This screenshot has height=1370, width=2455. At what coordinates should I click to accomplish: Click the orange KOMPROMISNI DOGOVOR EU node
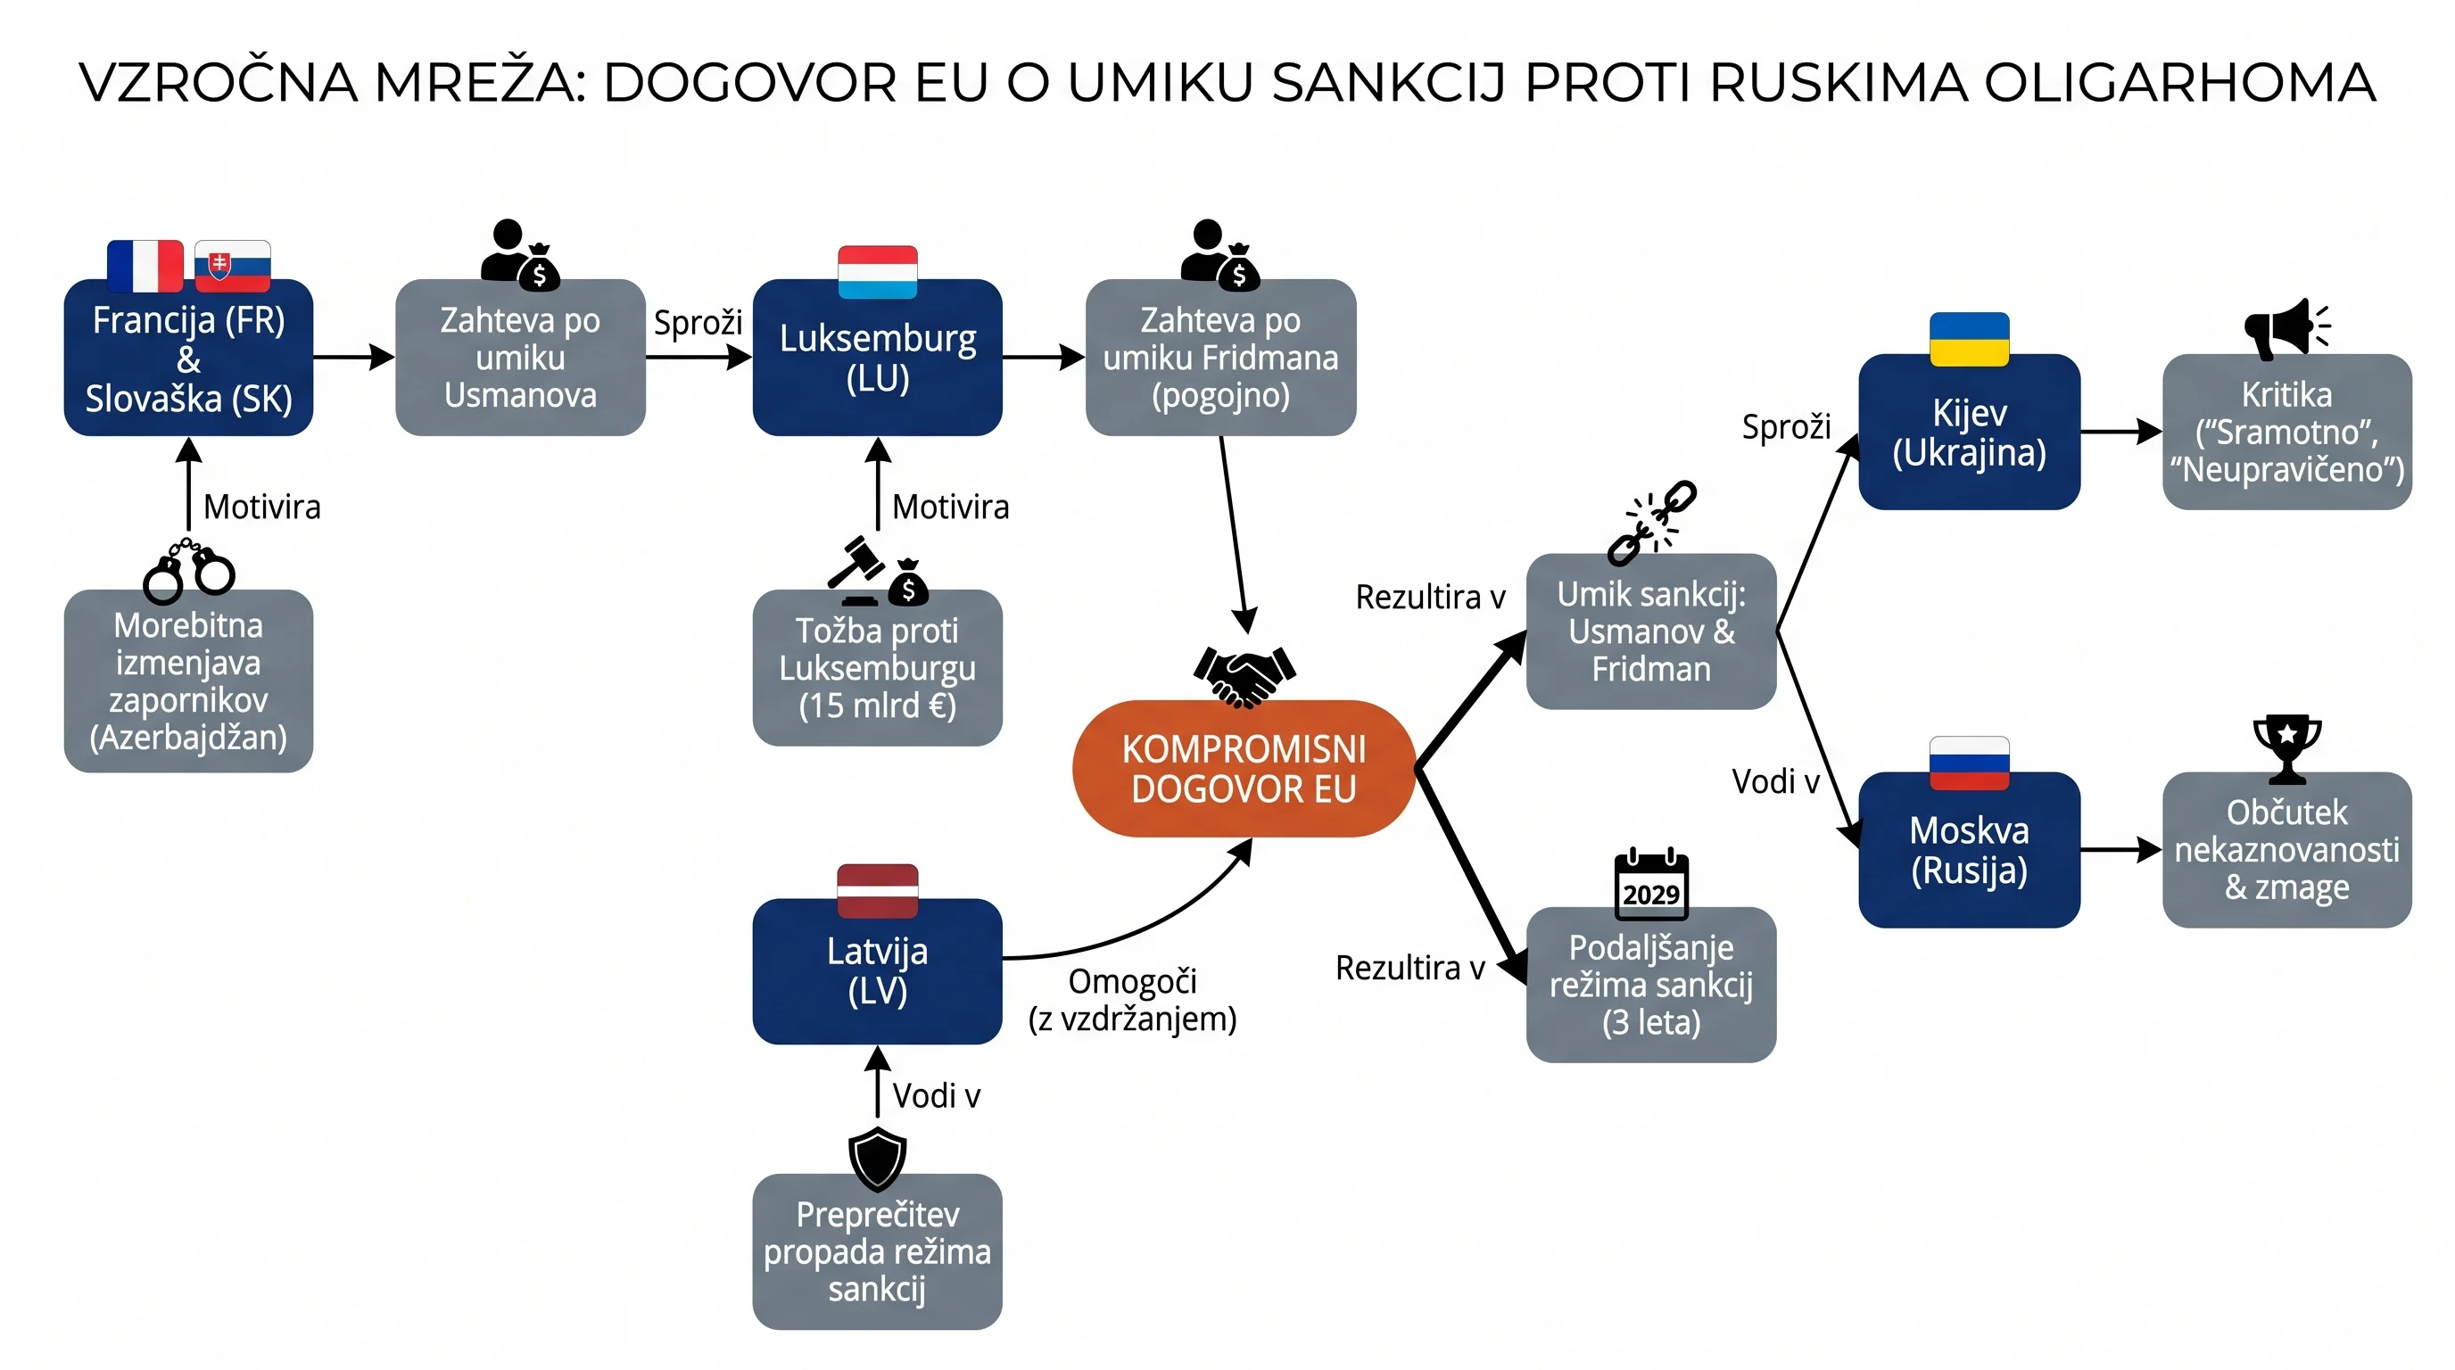(x=1244, y=769)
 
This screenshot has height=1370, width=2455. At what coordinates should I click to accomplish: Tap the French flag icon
(x=145, y=266)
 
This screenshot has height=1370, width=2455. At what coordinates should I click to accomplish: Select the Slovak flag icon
(x=233, y=266)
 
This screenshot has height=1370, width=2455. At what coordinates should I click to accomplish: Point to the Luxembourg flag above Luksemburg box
(x=878, y=271)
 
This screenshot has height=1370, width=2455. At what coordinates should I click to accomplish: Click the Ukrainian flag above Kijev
(x=1969, y=339)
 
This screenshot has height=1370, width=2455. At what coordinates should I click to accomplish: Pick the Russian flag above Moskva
(x=1969, y=763)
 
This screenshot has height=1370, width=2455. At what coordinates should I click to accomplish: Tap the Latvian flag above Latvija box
(x=878, y=891)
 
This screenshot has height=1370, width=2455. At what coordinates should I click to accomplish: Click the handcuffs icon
(x=189, y=571)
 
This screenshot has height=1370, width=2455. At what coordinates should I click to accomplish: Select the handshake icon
(x=1244, y=677)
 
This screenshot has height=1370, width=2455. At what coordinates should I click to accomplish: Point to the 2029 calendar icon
(x=1651, y=885)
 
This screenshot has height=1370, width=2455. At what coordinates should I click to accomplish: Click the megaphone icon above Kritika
(x=2286, y=329)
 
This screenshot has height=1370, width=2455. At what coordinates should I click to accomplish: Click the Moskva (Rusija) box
(x=1969, y=850)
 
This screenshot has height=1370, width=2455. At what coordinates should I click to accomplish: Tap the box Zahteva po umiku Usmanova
(x=520, y=358)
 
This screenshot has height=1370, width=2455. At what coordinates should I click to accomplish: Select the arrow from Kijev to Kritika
(x=2121, y=432)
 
